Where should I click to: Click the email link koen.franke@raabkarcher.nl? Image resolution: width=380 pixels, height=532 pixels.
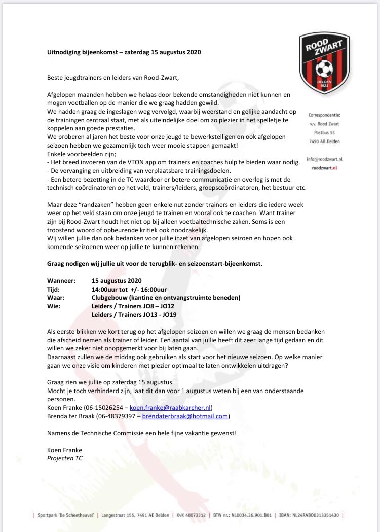coord(171,407)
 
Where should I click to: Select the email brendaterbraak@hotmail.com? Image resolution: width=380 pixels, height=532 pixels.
coord(185,416)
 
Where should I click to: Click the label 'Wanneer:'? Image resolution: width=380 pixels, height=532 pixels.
coord(60,280)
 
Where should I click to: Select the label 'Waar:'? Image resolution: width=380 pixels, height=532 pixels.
coord(55,297)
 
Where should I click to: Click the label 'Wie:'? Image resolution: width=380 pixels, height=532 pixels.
coord(53,306)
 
